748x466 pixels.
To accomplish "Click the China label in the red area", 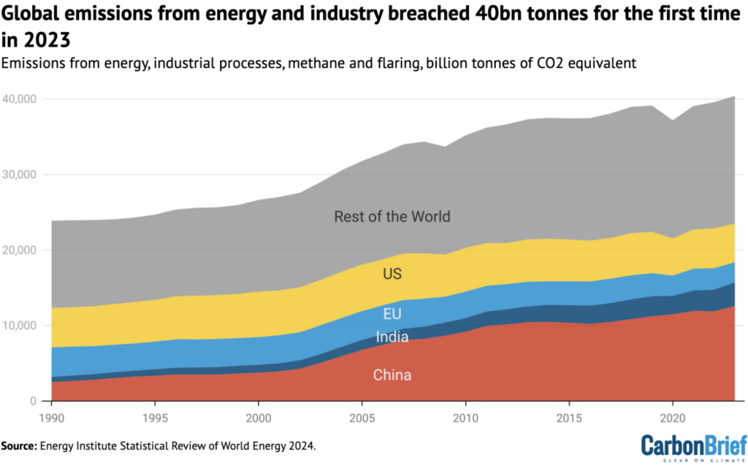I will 392,375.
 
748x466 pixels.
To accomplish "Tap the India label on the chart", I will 392,337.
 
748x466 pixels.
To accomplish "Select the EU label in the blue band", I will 392,315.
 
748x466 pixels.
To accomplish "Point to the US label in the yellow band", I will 392,275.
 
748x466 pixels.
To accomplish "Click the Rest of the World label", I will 392,216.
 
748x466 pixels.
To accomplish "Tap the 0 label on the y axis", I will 34,401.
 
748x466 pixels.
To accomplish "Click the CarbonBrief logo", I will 693,447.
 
